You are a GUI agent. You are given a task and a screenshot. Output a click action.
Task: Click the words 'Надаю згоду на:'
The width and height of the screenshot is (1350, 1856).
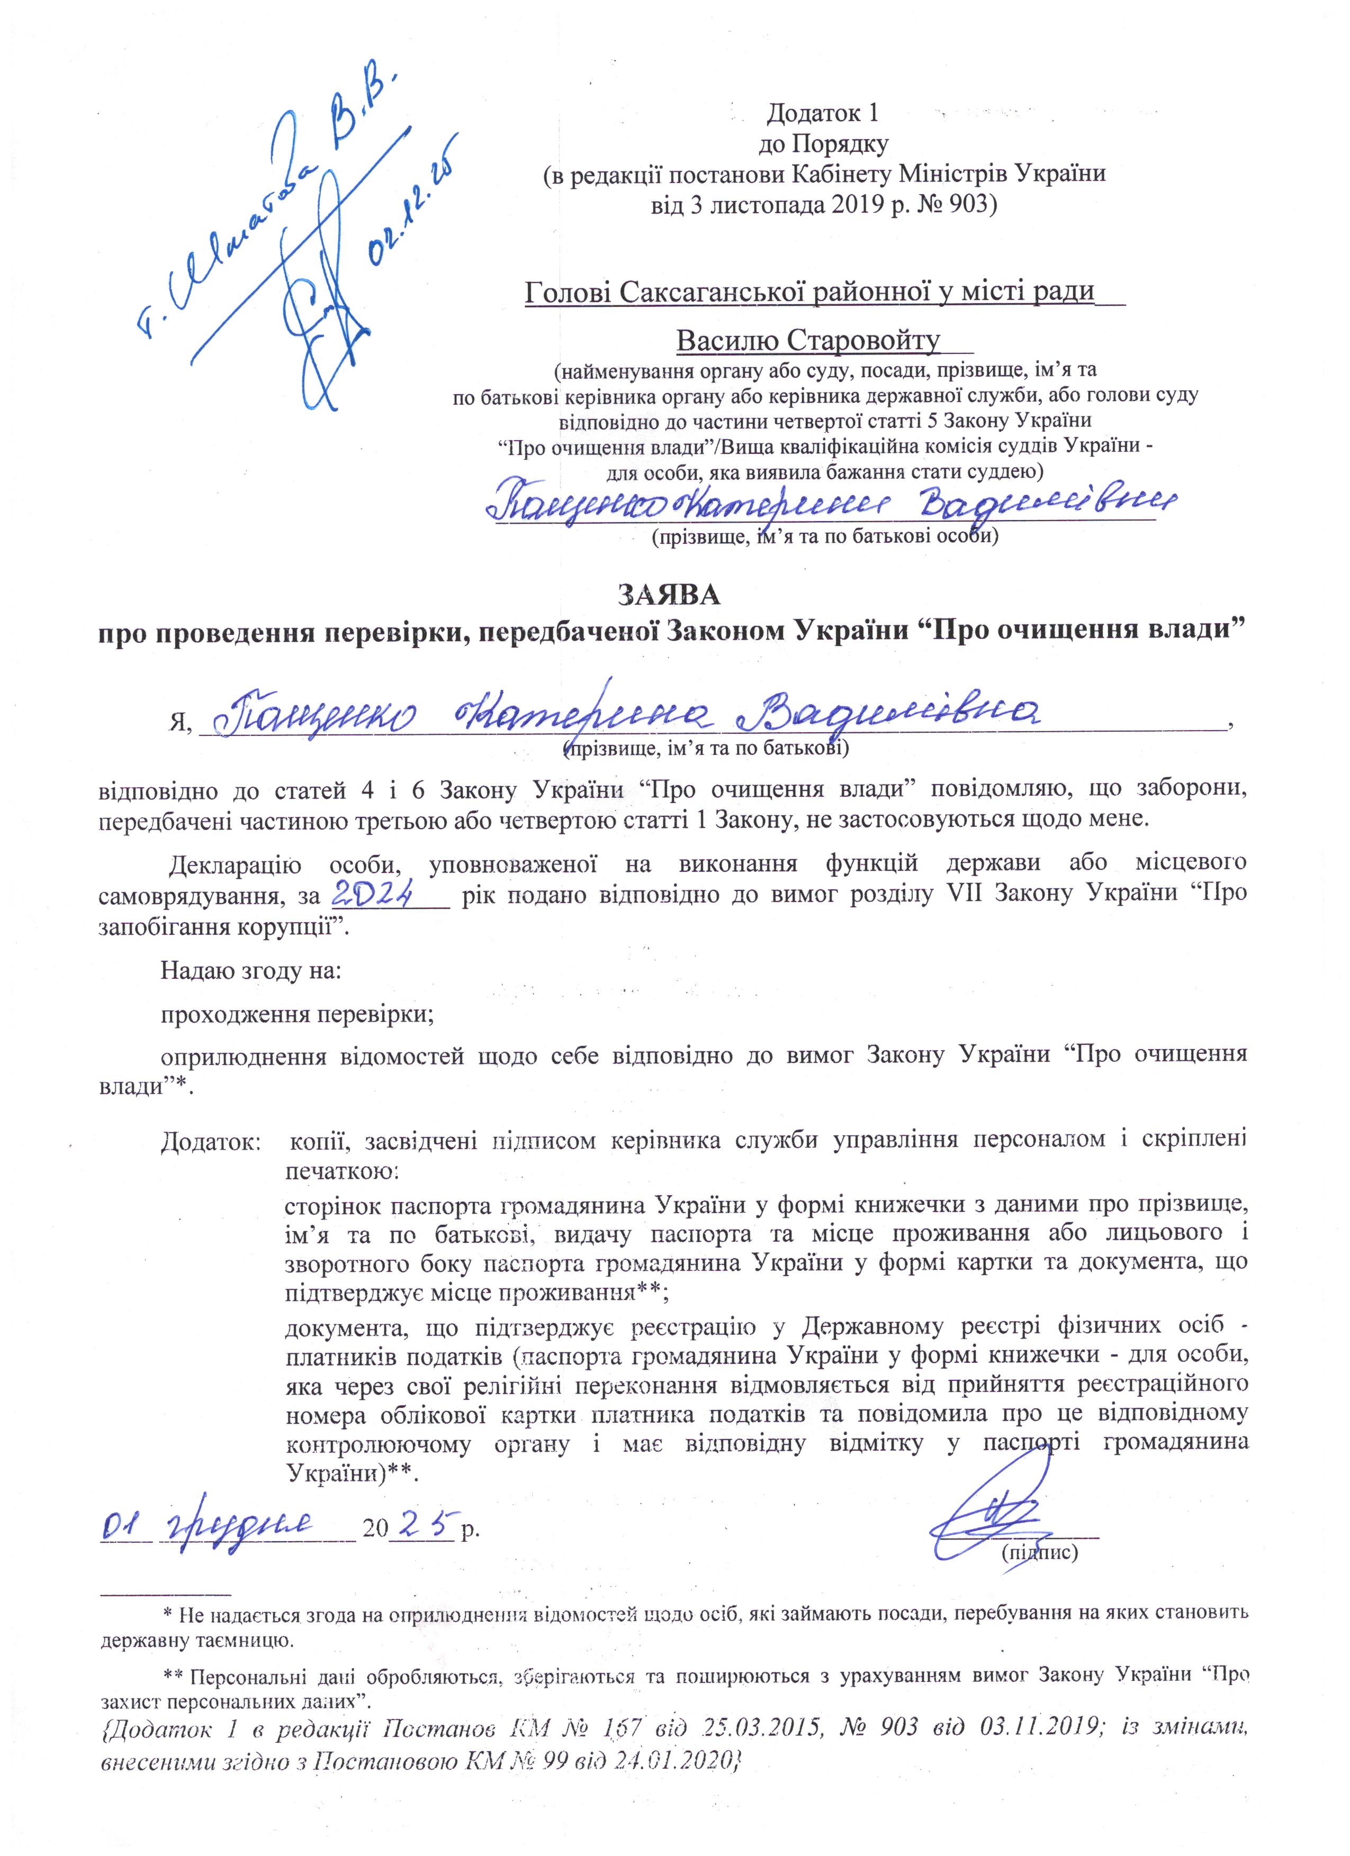(x=250, y=970)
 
